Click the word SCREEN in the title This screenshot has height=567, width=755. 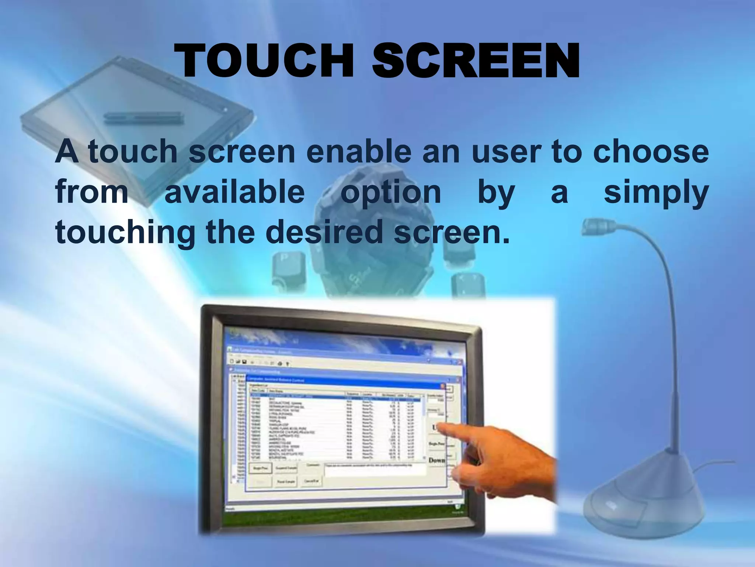tap(476, 61)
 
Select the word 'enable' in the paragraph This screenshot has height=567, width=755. tap(358, 152)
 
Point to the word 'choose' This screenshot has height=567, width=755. tap(651, 152)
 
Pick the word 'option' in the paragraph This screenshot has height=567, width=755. tap(391, 193)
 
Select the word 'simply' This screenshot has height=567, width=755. tap(656, 193)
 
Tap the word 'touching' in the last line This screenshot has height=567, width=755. tap(125, 233)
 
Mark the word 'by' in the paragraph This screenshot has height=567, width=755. tap(496, 193)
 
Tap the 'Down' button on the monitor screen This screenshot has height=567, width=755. tap(437, 460)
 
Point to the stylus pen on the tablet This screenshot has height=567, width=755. tap(142, 117)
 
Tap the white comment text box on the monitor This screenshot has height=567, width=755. tap(374, 469)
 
